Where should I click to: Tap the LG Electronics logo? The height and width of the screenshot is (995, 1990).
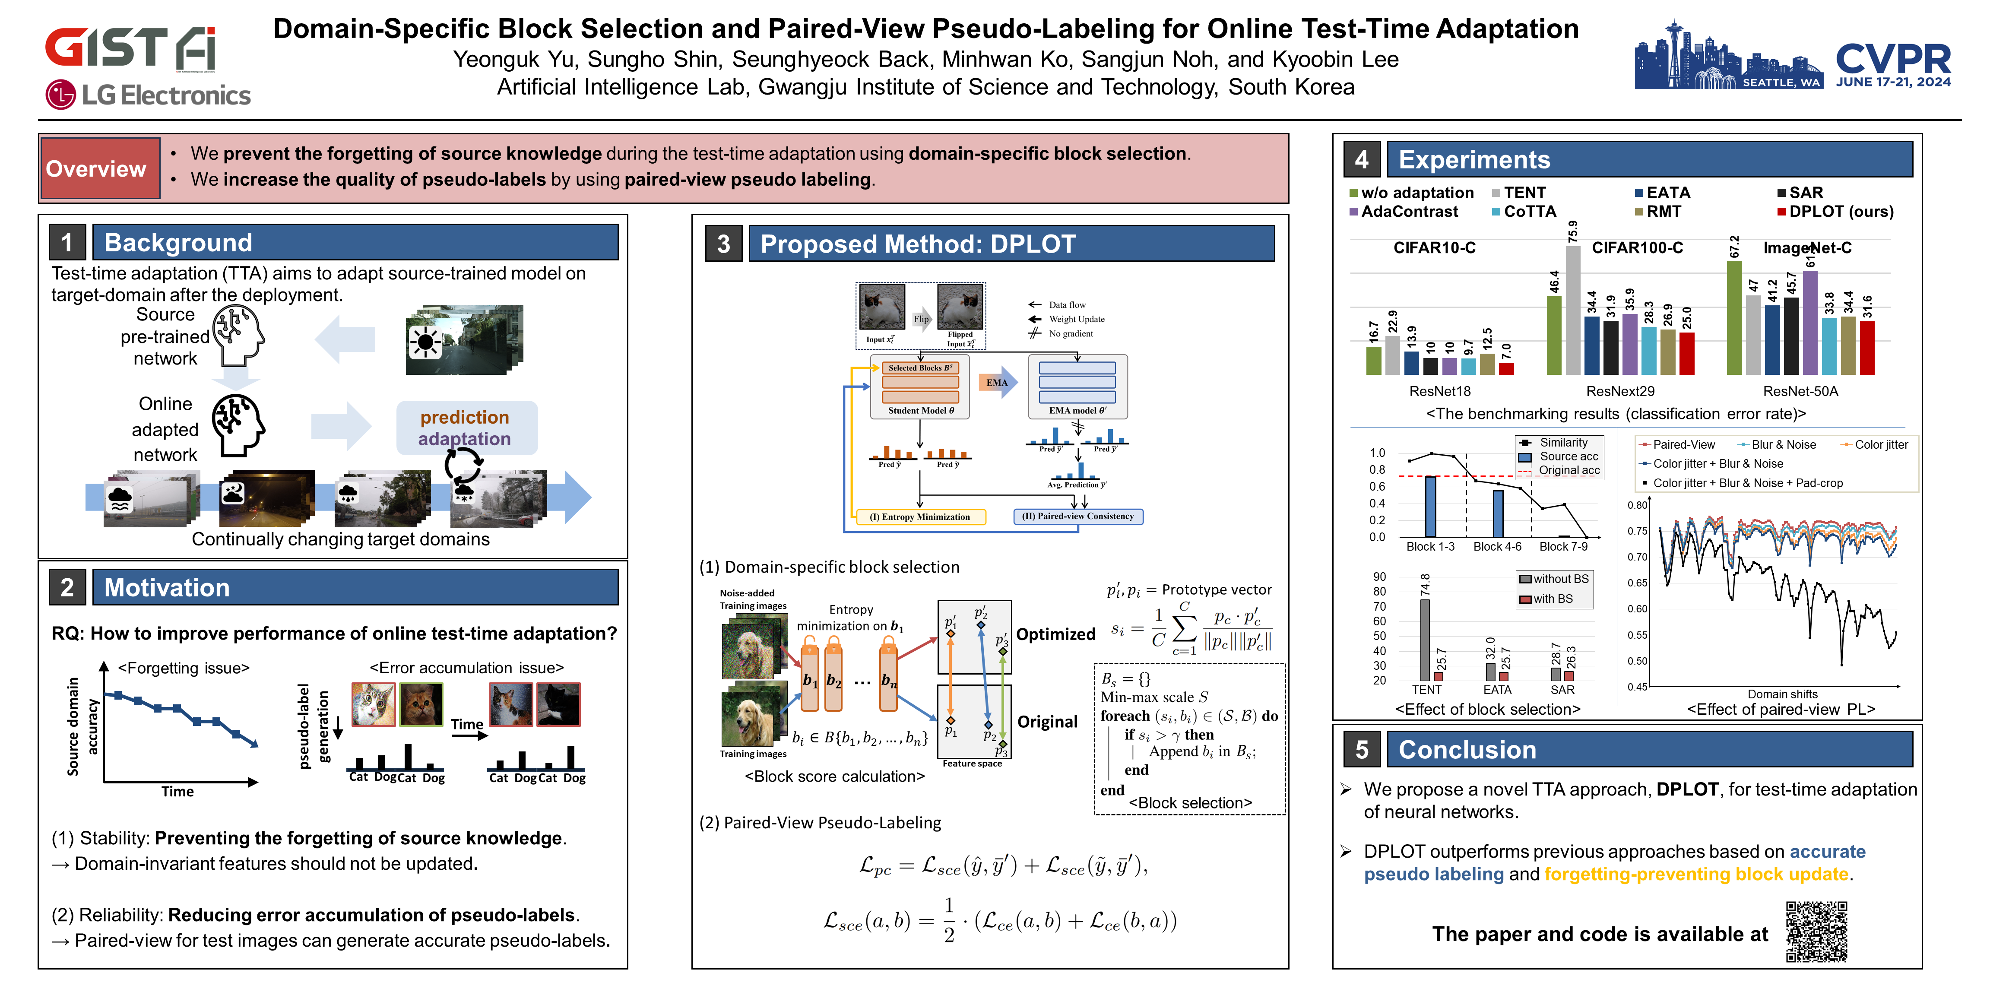148,95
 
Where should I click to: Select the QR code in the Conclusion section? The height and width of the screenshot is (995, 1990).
1816,931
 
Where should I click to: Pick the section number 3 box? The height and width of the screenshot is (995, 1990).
723,244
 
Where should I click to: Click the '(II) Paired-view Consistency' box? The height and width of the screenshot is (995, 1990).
1077,516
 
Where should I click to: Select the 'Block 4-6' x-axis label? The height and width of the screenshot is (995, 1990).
1497,547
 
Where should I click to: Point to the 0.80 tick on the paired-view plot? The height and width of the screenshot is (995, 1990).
1636,505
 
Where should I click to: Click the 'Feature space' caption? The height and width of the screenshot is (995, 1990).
972,763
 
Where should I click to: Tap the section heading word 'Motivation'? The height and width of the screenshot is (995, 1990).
167,588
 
